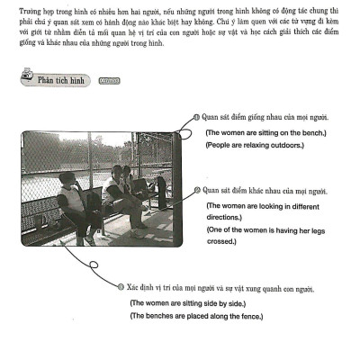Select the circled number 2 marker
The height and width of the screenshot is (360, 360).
(197, 190)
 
